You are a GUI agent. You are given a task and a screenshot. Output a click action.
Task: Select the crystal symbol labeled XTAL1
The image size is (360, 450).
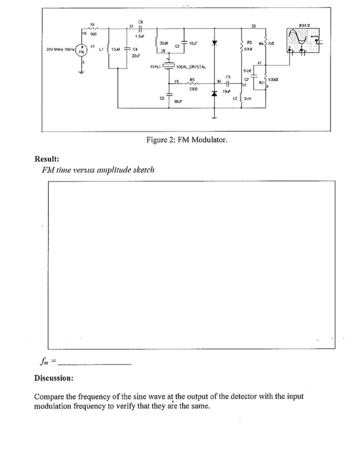pos(169,66)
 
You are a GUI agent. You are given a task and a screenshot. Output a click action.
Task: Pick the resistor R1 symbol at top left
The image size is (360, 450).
pos(92,27)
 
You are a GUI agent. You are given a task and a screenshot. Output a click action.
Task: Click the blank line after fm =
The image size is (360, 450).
pos(94,363)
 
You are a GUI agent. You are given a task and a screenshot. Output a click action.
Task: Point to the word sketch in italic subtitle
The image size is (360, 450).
pos(144,170)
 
